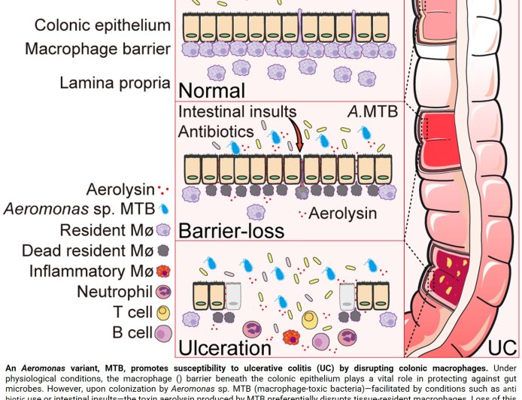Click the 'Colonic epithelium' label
pyautogui.click(x=102, y=26)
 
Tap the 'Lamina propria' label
pyautogui.click(x=115, y=83)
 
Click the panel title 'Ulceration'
pyautogui.click(x=224, y=347)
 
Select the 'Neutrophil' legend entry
pyautogui.click(x=113, y=291)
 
